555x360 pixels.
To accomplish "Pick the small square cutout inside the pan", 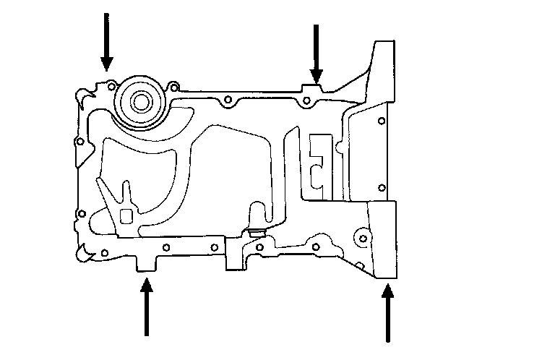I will (x=126, y=216).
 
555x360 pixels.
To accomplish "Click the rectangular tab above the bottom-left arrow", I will (x=147, y=264).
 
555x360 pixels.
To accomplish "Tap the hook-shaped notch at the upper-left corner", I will (x=86, y=93).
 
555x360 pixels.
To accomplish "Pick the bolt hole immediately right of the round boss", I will (x=173, y=87).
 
